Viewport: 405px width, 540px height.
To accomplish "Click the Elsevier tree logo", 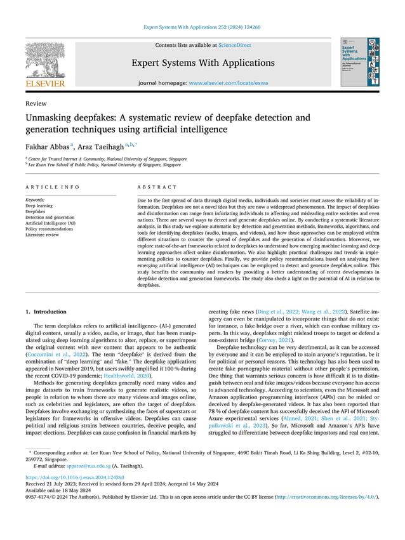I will pyautogui.click(x=44, y=61).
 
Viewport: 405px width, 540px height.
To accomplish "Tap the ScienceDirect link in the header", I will pyautogui.click(x=234, y=46).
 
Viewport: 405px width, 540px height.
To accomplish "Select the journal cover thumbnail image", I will pyautogui.click(x=359, y=62).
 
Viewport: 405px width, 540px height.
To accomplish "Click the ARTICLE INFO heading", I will pyautogui.click(x=53, y=187).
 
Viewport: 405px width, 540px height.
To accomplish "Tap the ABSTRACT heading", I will pyautogui.click(x=157, y=187).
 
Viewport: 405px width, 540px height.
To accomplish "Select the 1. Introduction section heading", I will pyautogui.click(x=45, y=312).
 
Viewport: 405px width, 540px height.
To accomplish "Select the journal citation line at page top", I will pyautogui.click(x=202, y=27).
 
